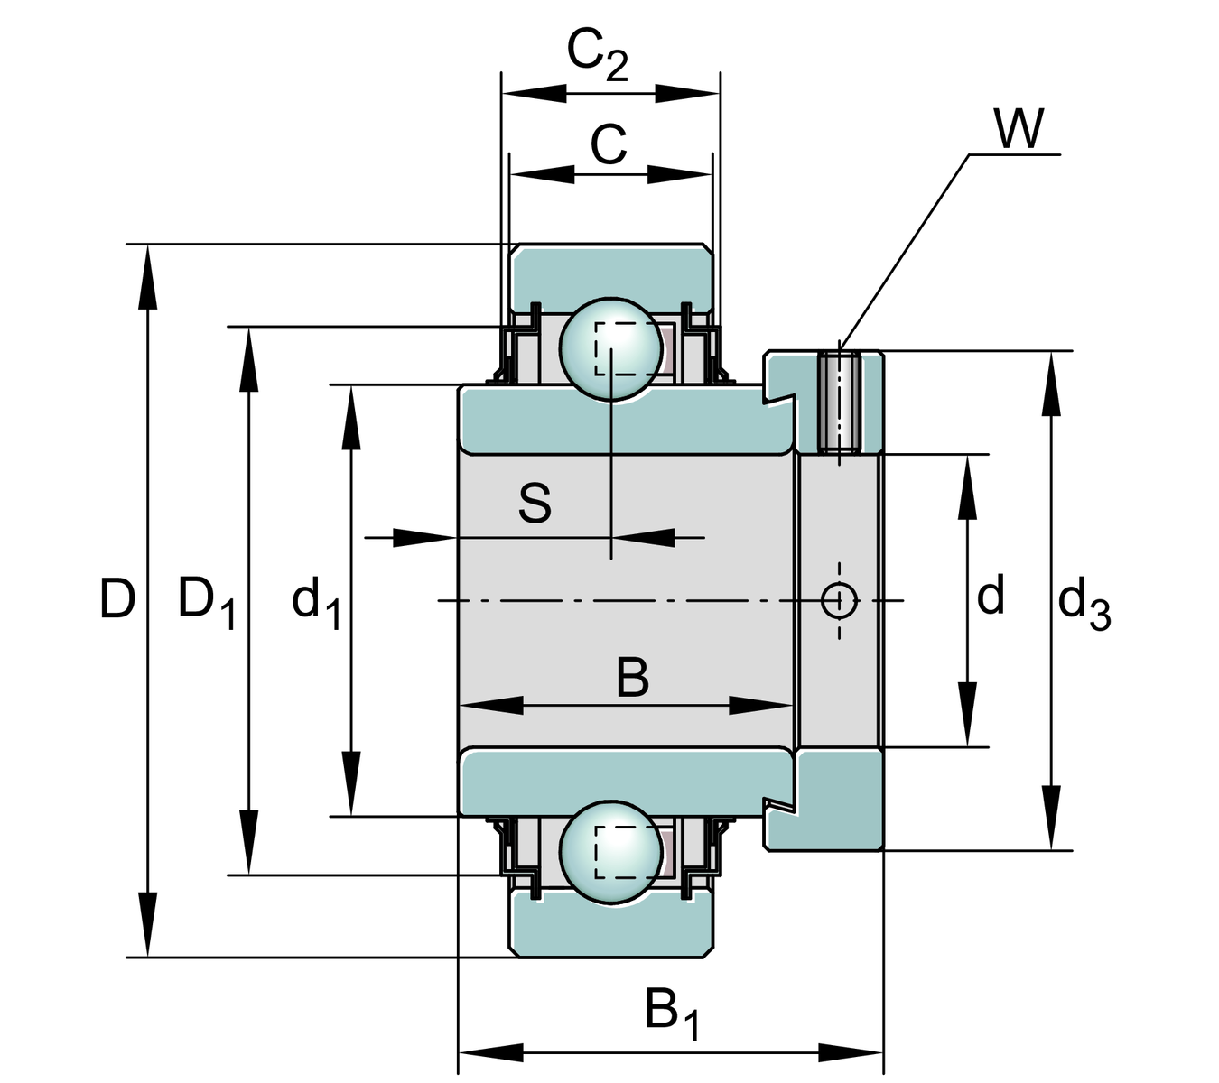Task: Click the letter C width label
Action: [x=609, y=144]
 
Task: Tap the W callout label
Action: [x=1019, y=129]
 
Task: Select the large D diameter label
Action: [x=117, y=599]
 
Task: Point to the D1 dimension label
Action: [x=207, y=601]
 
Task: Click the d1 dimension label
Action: [x=316, y=602]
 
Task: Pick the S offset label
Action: [x=535, y=504]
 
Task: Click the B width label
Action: [x=632, y=679]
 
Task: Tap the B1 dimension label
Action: [x=672, y=1013]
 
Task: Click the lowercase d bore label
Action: [x=991, y=597]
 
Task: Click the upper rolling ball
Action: [x=611, y=347]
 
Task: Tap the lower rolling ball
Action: [x=611, y=852]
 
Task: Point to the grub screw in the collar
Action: [x=839, y=403]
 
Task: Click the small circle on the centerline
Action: [x=840, y=599]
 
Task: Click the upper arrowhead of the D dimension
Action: [x=147, y=280]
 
